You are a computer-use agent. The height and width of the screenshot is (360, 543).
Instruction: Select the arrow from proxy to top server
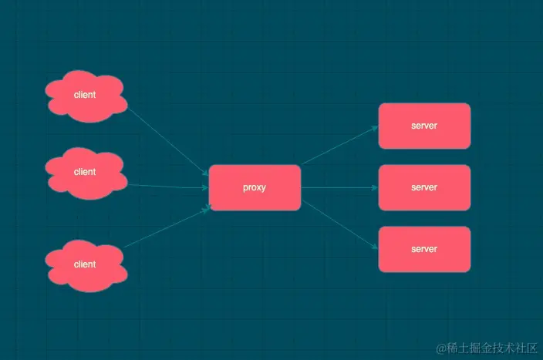[x=339, y=145]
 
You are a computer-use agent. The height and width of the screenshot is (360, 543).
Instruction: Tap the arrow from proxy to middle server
[x=339, y=187]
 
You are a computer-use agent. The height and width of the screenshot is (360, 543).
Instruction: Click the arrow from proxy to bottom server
[x=339, y=225]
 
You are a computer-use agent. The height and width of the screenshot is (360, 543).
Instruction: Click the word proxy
[x=255, y=187]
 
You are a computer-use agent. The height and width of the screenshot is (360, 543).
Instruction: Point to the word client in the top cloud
[x=85, y=95]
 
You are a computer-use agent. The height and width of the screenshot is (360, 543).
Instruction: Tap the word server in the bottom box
[x=424, y=249]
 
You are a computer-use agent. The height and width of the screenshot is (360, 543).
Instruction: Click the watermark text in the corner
[x=486, y=348]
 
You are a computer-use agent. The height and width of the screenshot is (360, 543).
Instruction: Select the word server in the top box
[x=424, y=126]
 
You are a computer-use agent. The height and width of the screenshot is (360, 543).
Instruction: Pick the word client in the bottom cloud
[x=85, y=264]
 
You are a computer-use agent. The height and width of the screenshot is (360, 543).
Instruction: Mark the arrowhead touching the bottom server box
[x=375, y=247]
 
